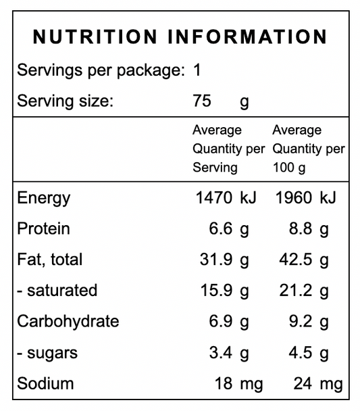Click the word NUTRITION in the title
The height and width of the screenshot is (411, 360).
(95, 37)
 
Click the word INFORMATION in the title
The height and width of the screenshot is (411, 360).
(247, 37)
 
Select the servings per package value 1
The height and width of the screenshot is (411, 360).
(197, 70)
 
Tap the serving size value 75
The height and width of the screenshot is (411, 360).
(202, 101)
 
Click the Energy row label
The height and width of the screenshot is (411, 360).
(44, 199)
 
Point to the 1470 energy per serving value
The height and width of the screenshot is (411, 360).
(214, 197)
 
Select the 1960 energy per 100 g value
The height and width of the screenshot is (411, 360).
(294, 197)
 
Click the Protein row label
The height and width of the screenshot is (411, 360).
(43, 228)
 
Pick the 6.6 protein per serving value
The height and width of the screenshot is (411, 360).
(220, 228)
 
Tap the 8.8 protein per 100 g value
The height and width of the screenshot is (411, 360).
(301, 228)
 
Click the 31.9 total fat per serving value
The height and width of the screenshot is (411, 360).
(216, 260)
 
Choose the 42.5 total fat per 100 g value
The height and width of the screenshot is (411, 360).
(296, 260)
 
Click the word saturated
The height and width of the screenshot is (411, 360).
(62, 291)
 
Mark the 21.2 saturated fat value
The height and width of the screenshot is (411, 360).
(296, 291)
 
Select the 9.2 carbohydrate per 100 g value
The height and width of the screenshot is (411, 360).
(301, 321)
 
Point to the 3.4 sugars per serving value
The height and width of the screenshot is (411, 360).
(220, 353)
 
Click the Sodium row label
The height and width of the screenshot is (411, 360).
(45, 383)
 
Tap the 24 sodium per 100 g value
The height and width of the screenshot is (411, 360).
(303, 383)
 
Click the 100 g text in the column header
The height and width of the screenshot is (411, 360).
(289, 168)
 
